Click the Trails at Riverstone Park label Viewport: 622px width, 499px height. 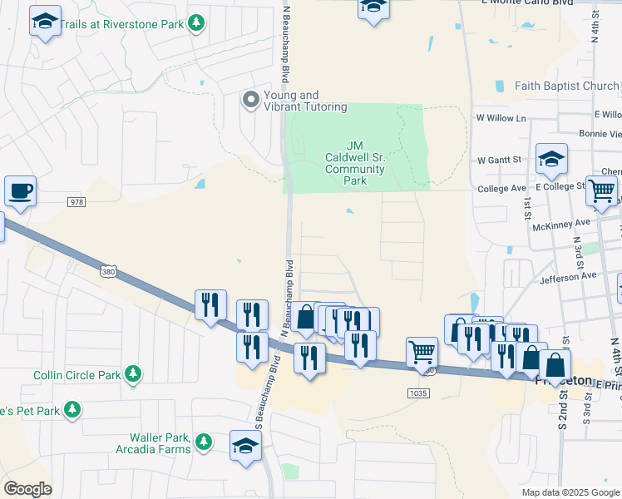coord(125,24)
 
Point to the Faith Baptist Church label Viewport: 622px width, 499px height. coord(567,86)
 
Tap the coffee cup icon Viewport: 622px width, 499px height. coord(20,190)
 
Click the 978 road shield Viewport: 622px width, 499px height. coord(77,201)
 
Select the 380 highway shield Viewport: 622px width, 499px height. coord(108,271)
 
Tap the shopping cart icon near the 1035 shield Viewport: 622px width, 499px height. coord(422,351)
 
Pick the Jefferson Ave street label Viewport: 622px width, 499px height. coord(568,275)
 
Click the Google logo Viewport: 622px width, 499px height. coord(27,489)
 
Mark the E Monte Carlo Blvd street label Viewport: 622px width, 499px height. coord(526,3)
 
